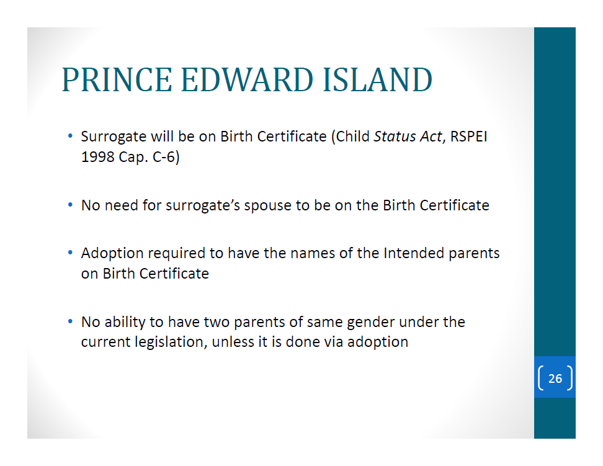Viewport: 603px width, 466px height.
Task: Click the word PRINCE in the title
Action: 117,79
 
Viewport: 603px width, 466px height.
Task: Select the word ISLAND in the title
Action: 378,79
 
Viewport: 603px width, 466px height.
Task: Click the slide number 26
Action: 555,379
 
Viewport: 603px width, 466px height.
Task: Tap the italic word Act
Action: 431,137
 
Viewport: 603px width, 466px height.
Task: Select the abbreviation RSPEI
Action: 468,137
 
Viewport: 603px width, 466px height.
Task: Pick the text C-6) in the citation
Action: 166,158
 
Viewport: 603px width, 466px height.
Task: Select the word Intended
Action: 412,253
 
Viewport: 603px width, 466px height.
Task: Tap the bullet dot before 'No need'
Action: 70,205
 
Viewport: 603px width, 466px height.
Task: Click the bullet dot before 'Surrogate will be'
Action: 70,136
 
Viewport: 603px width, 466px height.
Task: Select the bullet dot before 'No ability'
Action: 70,321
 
